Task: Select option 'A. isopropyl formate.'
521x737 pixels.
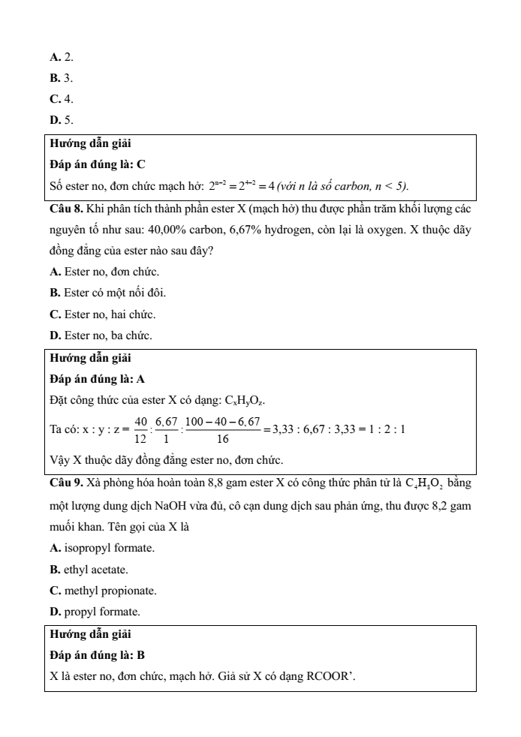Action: (102, 549)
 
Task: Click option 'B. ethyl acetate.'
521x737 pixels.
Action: (89, 570)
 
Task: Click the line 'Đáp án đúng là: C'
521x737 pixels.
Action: (98, 164)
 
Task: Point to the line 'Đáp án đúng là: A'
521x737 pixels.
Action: (98, 380)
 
